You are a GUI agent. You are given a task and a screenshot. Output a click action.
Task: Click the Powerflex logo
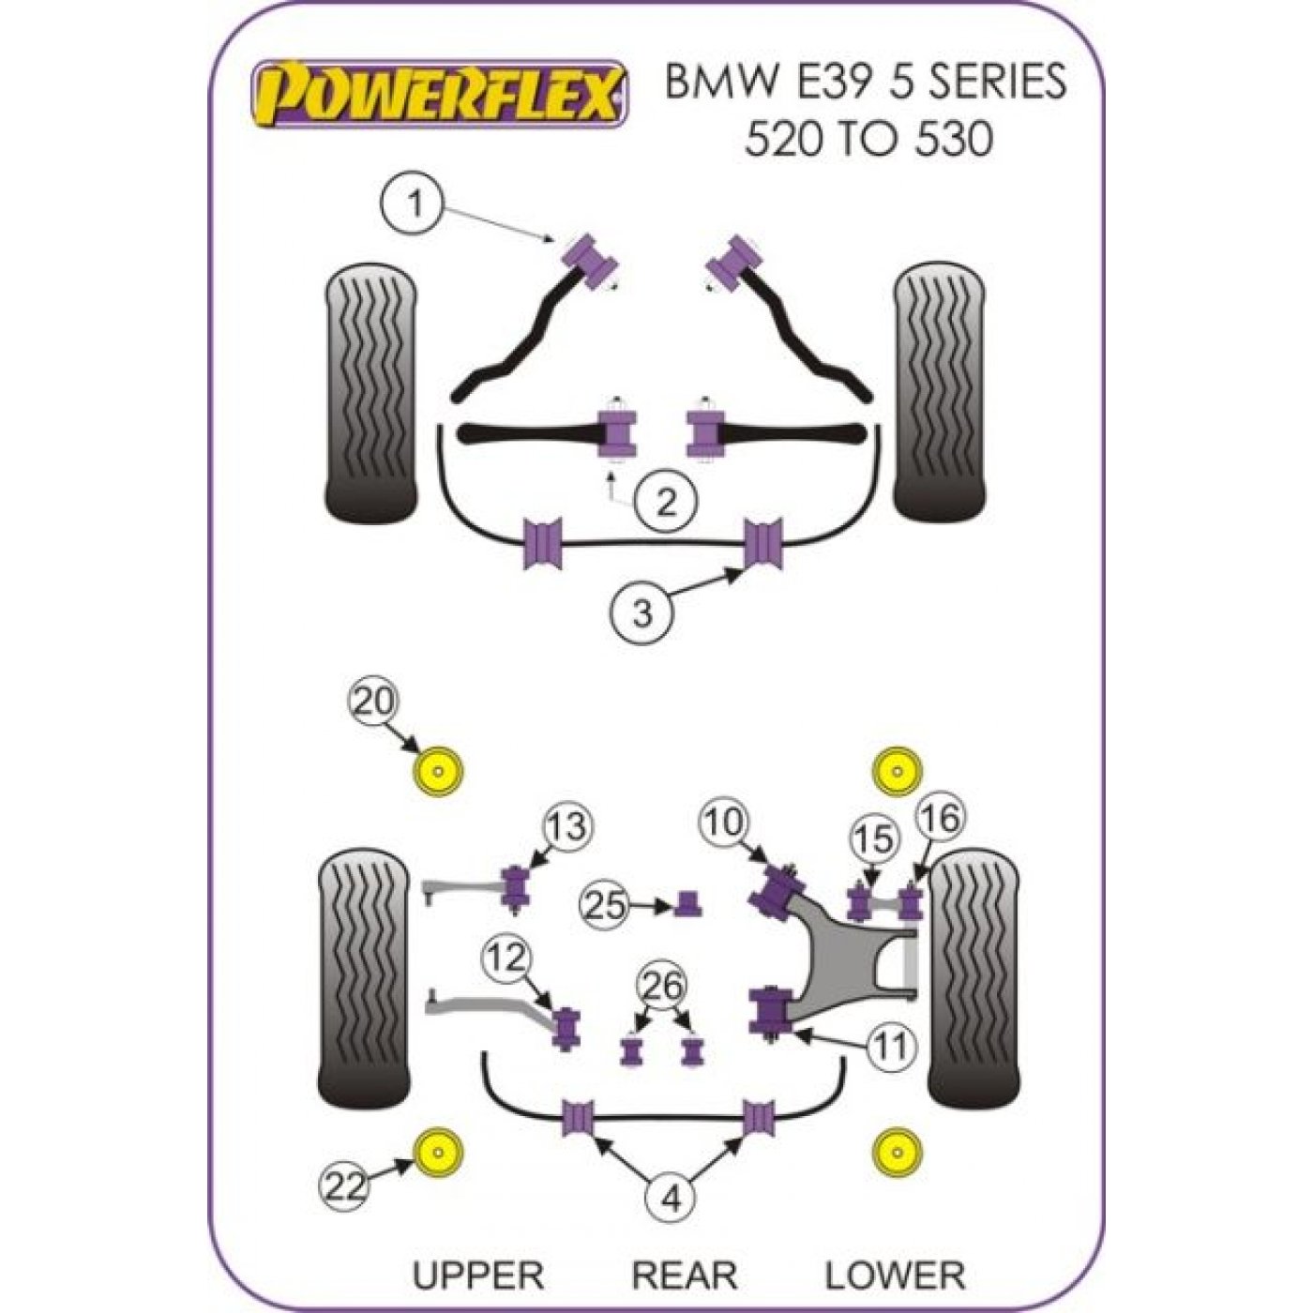coord(437,95)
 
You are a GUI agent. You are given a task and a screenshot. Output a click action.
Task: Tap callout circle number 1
coord(413,204)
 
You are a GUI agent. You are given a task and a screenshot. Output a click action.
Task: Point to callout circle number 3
coord(642,611)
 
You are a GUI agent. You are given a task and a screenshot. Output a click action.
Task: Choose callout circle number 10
coord(724,823)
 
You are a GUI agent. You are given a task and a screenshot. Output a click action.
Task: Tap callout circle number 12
coord(507,958)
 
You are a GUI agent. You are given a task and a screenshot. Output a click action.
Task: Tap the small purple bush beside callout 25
coord(689,903)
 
